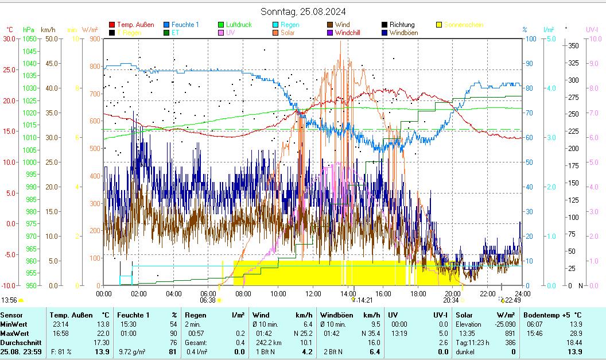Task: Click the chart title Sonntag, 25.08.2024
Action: (x=303, y=11)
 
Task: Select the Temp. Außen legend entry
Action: (x=135, y=25)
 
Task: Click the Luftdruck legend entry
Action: (x=239, y=25)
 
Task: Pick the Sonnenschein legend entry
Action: (x=463, y=25)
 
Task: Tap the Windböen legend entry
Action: (x=403, y=33)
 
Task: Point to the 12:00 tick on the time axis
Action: (x=313, y=294)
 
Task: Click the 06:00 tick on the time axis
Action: (x=208, y=294)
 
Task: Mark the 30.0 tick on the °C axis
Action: (x=9, y=39)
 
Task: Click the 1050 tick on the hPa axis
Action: (x=29, y=39)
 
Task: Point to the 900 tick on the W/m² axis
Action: (x=94, y=39)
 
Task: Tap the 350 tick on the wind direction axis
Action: (x=573, y=46)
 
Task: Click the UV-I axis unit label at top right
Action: (x=592, y=29)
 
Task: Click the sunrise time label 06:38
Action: (x=208, y=300)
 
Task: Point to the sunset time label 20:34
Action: (x=451, y=300)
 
